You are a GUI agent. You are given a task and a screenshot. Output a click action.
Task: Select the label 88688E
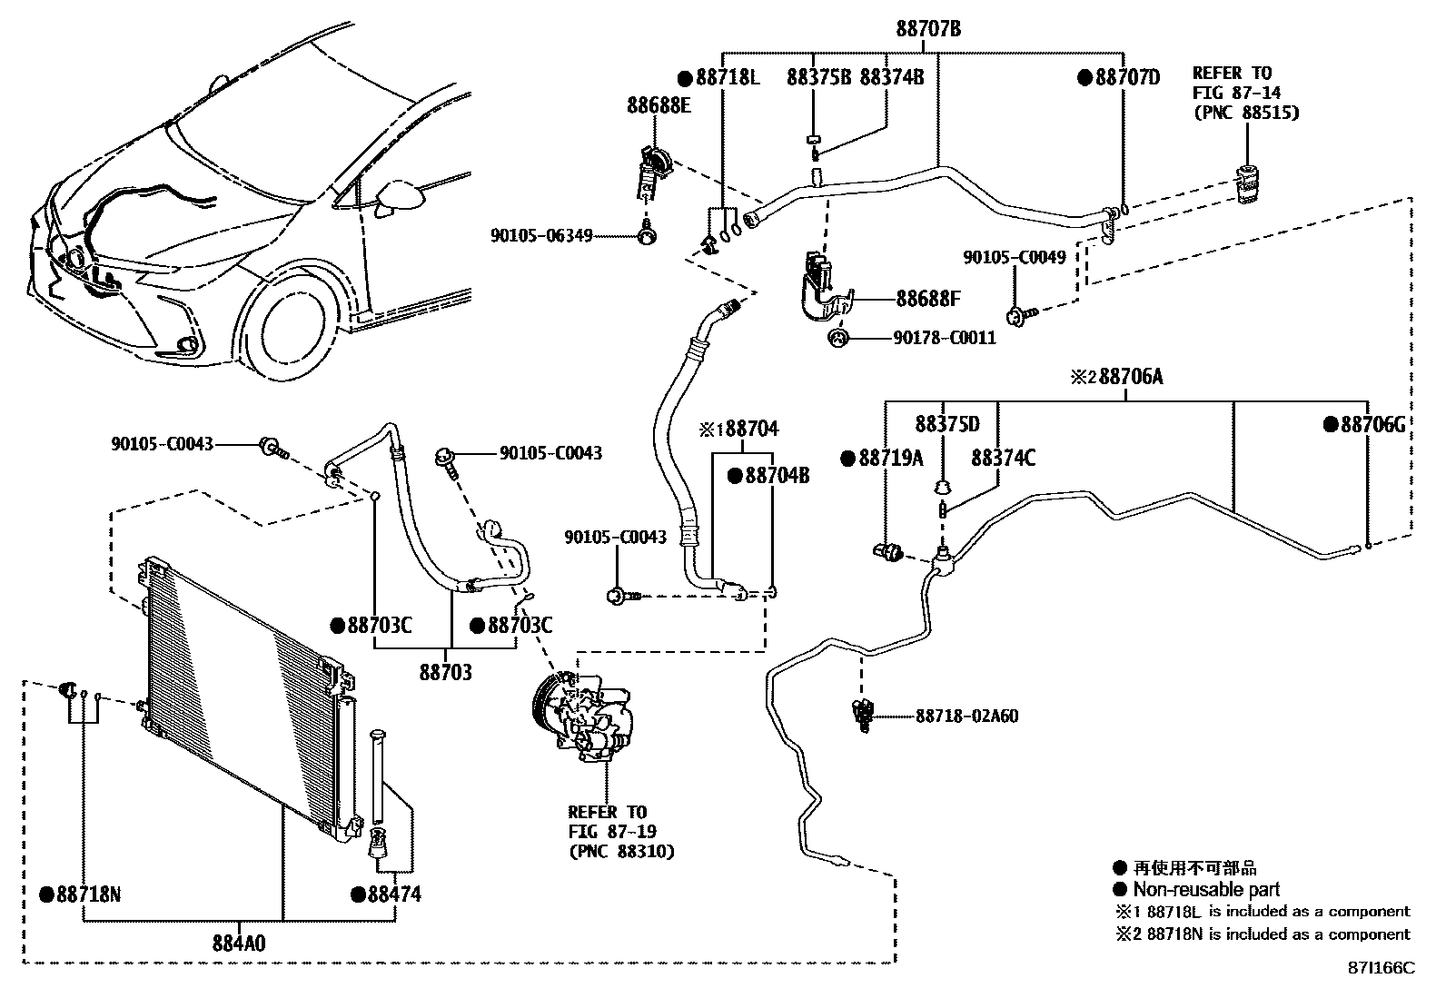pos(658,105)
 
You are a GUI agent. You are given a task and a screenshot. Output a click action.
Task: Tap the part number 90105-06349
pos(541,236)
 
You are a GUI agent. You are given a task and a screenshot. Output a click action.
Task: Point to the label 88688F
pos(928,299)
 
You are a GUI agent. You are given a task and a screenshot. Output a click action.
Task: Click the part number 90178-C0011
pos(945,338)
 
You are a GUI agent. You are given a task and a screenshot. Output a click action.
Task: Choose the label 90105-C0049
pos(1015,257)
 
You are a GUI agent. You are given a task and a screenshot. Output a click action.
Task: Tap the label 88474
pos(393,894)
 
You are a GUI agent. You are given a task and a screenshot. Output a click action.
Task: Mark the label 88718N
pos(87,894)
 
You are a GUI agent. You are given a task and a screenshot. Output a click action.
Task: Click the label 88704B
pos(777,475)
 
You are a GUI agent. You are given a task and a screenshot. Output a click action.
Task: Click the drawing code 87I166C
pos(1381,968)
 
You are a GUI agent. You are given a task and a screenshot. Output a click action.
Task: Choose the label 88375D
pos(947,424)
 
